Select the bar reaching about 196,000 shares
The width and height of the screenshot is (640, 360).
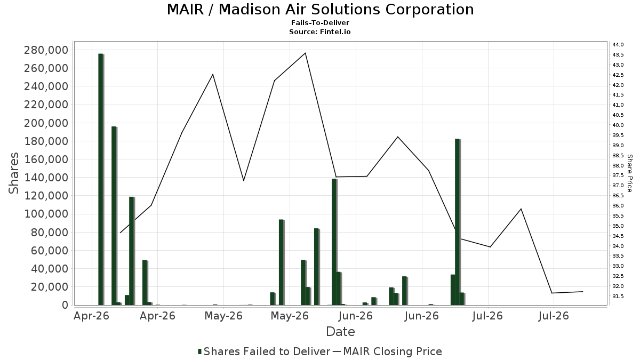114,215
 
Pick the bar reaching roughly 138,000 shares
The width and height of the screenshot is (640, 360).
334,242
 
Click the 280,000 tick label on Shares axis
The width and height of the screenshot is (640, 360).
46,50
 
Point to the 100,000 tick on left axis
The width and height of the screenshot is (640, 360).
46,214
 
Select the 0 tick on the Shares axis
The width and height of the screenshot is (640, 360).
66,305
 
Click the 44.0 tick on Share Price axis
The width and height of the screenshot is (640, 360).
618,45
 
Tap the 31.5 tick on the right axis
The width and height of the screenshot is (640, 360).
618,297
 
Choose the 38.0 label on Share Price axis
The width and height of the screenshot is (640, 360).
618,166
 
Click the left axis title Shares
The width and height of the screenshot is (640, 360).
13,173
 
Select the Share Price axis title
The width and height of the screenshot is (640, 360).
629,173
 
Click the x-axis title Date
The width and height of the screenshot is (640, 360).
340,332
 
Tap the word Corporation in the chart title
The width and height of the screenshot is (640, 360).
429,10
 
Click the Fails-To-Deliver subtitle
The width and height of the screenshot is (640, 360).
320,22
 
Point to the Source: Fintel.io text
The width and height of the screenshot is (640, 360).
319,31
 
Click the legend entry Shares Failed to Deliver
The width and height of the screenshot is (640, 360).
265,351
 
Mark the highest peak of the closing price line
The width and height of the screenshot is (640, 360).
305,53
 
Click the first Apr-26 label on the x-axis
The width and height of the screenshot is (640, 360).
91,316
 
